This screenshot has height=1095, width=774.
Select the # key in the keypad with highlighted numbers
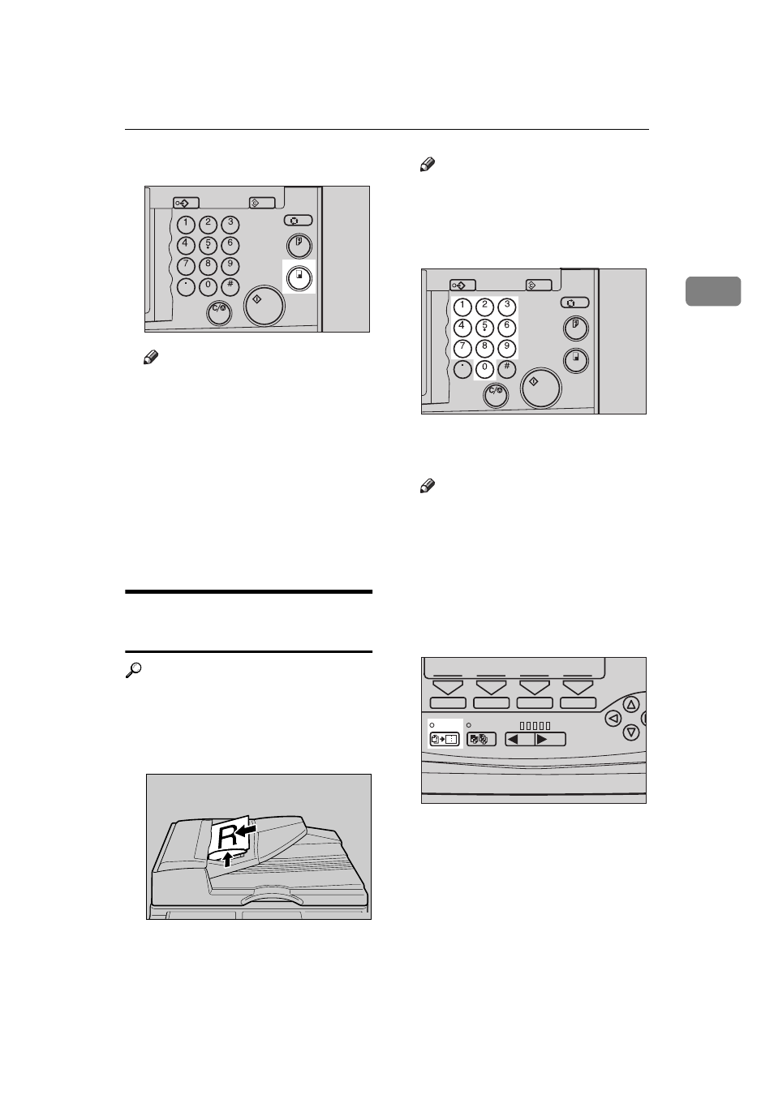click(507, 368)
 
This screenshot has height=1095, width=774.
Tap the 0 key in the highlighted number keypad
click(484, 368)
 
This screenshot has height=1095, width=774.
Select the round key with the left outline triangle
click(613, 719)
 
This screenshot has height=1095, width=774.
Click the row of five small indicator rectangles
click(535, 725)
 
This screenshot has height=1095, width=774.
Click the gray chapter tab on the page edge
click(712, 291)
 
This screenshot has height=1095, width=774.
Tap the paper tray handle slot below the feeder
click(269, 899)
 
